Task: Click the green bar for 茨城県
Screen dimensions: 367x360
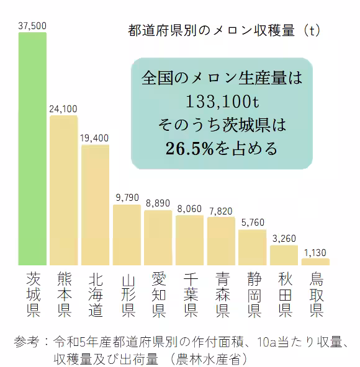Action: point(32,149)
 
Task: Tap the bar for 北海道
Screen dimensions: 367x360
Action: point(95,205)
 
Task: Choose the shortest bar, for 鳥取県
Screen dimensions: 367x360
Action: point(316,262)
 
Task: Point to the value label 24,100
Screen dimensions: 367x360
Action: point(64,108)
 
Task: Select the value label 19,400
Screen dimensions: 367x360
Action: point(95,137)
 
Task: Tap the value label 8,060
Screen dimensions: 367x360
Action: point(189,208)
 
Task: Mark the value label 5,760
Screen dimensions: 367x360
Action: point(253,223)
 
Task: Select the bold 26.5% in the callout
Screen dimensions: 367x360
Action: point(190,148)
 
